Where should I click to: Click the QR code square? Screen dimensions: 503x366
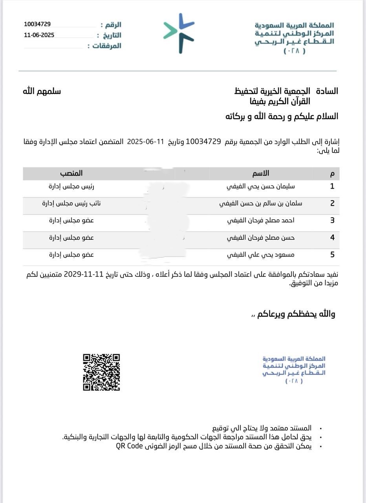tap(101, 372)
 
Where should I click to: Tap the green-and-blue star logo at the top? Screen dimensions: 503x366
tap(179, 33)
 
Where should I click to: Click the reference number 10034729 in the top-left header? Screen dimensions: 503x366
tap(37, 24)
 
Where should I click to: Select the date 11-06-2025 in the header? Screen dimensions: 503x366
tap(39, 35)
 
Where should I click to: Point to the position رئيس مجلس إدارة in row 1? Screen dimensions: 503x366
tap(71, 186)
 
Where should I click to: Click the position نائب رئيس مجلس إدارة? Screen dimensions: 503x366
tap(71, 203)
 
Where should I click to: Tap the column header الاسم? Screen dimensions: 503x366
tap(261, 173)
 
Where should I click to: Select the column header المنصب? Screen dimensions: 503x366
tap(71, 173)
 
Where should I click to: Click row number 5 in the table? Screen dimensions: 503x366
tap(332, 255)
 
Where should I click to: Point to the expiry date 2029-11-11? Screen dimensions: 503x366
tap(83, 274)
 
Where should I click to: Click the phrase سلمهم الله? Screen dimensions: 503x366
tap(42, 91)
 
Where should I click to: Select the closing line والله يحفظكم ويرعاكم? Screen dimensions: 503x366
tap(294, 314)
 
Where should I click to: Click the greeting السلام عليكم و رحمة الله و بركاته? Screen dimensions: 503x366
tap(282, 116)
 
